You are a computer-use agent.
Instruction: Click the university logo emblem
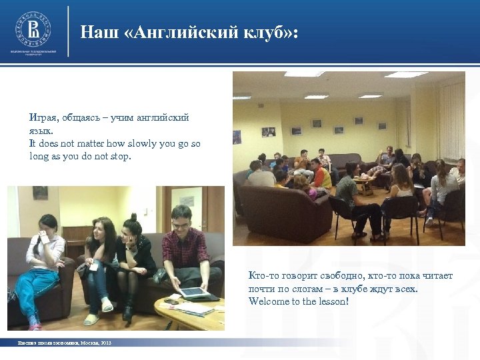coord(33,29)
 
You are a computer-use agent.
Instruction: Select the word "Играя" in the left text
coord(43,117)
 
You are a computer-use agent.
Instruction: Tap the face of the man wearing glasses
coord(181,219)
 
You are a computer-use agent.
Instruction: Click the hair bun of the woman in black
coord(133,217)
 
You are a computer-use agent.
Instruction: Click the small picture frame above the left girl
coord(40,193)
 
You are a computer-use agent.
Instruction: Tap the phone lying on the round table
coord(171,302)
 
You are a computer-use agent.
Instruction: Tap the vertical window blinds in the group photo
coord(451,120)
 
